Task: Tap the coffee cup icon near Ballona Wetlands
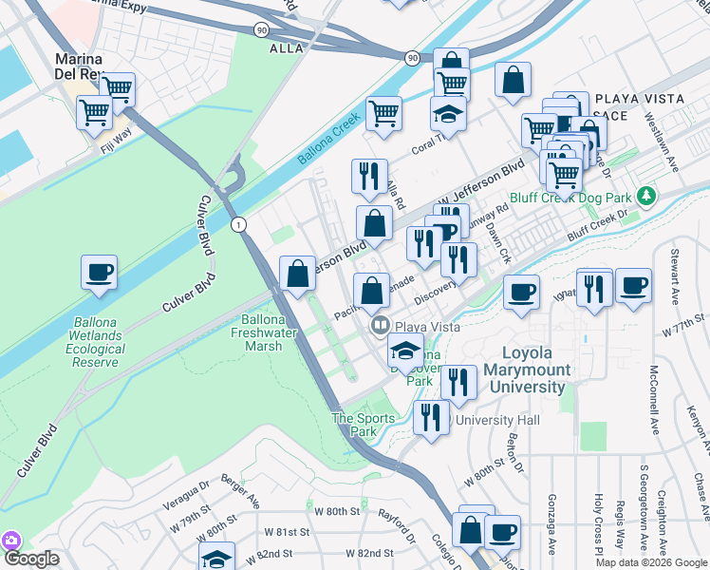click(100, 274)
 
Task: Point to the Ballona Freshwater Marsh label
click(261, 332)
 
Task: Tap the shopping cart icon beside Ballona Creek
click(383, 113)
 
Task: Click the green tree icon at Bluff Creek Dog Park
click(646, 196)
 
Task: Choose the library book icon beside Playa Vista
click(380, 326)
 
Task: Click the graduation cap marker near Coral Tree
click(448, 115)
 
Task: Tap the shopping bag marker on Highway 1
click(298, 274)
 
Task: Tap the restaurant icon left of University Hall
click(432, 418)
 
